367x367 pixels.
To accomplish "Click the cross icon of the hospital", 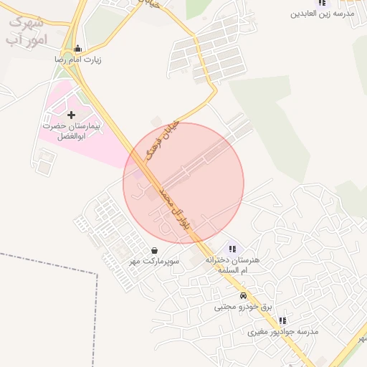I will tap(70, 115).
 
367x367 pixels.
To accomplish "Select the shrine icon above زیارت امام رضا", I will tap(78, 49).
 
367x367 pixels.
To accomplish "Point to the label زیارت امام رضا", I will tap(78, 60).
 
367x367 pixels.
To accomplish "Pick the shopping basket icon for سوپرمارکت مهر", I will tap(156, 250).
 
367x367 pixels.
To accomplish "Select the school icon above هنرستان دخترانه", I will tap(232, 249).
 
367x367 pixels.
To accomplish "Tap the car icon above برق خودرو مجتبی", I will tap(244, 295).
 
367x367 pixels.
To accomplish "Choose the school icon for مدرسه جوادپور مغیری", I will tap(282, 320).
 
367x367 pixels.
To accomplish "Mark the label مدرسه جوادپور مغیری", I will tap(282, 332).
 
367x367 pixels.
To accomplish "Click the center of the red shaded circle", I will tap(183, 183).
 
